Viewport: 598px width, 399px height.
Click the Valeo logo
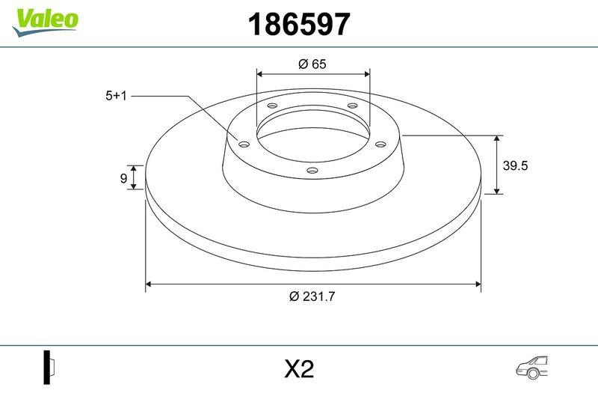pyautogui.click(x=44, y=19)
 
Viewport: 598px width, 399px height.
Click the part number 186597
pyautogui.click(x=298, y=25)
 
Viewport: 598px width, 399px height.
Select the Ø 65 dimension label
pyautogui.click(x=312, y=64)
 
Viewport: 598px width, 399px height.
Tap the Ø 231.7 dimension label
pyautogui.click(x=312, y=296)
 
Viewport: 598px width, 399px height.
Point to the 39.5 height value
pyautogui.click(x=515, y=166)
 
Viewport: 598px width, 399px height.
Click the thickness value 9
pyautogui.click(x=123, y=177)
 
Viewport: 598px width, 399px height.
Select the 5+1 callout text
pyautogui.click(x=118, y=96)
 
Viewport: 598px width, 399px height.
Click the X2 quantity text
pyautogui.click(x=299, y=369)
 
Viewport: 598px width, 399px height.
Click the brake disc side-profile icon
pyautogui.click(x=49, y=368)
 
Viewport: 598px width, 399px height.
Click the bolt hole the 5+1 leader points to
pyautogui.click(x=243, y=144)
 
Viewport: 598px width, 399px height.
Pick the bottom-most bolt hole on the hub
pyautogui.click(x=312, y=171)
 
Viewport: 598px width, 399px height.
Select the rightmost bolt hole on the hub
pyautogui.click(x=380, y=144)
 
